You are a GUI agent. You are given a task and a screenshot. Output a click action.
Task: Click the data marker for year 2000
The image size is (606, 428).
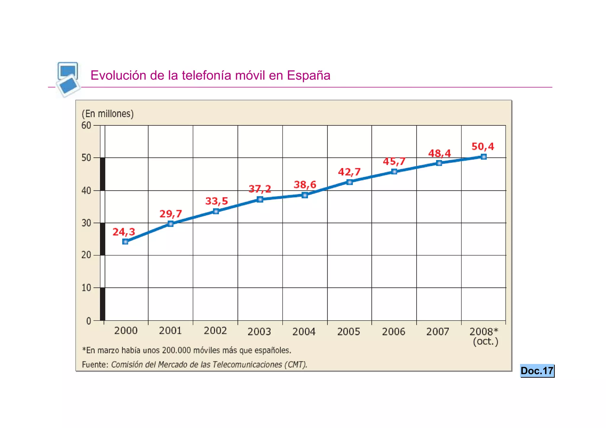[125, 242]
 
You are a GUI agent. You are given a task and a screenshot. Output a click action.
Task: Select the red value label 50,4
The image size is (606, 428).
[483, 146]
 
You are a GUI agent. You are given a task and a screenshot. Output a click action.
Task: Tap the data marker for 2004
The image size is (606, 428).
[305, 195]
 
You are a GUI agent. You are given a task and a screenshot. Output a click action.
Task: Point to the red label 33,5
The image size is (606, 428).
[217, 201]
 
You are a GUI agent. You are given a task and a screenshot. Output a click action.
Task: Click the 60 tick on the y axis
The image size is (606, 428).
[86, 125]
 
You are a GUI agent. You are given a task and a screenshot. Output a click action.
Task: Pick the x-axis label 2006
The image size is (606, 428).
[393, 332]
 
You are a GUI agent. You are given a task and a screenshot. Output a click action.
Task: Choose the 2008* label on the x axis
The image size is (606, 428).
[483, 331]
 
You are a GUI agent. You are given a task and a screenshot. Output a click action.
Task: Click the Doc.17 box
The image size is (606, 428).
[537, 371]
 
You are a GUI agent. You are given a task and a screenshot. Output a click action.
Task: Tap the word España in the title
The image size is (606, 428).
[308, 75]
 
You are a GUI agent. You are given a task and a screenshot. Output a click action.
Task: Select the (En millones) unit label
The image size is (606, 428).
[108, 114]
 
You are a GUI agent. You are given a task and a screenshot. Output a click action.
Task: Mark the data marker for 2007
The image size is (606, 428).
[439, 163]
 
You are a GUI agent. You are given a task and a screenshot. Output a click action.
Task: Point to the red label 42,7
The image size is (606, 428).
[349, 172]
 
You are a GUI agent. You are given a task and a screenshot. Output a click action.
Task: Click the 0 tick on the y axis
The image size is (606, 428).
[88, 321]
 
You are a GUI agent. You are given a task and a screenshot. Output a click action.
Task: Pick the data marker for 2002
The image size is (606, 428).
[216, 211]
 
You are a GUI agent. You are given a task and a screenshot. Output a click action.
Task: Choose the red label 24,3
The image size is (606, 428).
[124, 232]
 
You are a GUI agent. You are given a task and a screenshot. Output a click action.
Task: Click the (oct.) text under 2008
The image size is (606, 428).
[485, 341]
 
